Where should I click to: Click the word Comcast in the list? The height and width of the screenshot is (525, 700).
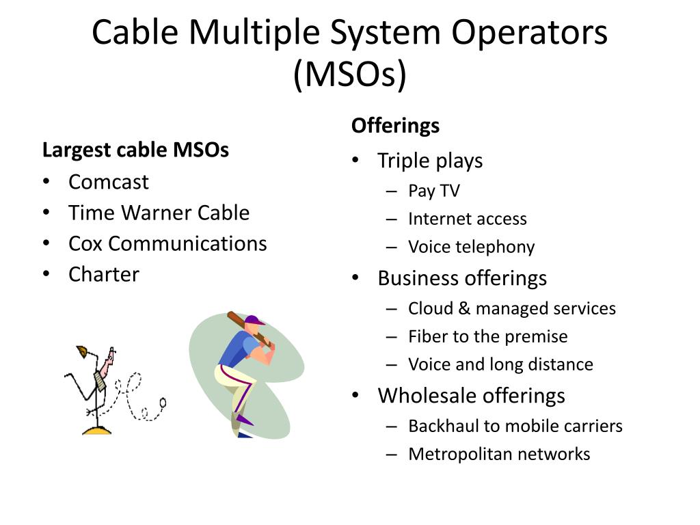tap(108, 182)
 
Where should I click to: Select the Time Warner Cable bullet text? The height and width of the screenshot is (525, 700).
tap(159, 213)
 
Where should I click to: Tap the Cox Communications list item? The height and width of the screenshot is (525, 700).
tap(167, 243)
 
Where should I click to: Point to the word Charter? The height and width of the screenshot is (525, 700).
tap(103, 274)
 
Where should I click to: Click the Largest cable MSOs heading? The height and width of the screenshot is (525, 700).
tap(135, 150)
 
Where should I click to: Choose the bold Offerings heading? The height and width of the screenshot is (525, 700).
tap(395, 126)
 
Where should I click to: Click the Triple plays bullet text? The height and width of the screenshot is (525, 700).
tap(430, 161)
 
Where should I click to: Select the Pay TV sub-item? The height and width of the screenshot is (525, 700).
tap(434, 191)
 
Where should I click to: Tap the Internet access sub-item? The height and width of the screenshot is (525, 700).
tap(468, 219)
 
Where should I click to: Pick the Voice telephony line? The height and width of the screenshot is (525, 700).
tap(471, 247)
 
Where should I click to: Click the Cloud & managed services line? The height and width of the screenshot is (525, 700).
tap(512, 308)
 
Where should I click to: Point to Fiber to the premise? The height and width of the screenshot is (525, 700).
tap(487, 336)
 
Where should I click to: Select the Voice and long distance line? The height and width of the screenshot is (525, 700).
tap(500, 364)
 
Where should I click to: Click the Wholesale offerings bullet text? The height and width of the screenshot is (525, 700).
tap(471, 395)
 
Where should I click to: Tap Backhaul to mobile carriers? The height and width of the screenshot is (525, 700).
tap(515, 426)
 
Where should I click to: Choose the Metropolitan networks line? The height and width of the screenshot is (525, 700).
tap(499, 454)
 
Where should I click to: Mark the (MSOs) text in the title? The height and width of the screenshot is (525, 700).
tap(349, 75)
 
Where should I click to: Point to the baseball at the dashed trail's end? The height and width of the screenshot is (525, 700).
tap(163, 401)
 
